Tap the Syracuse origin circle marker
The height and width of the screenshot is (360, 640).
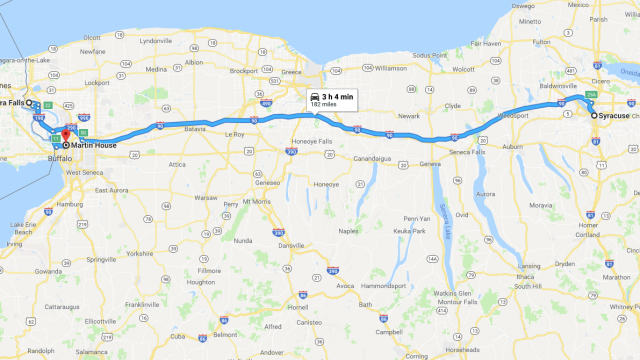(594, 116)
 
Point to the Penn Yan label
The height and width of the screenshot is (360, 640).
(417, 218)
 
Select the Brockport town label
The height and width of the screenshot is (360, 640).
(244, 70)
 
